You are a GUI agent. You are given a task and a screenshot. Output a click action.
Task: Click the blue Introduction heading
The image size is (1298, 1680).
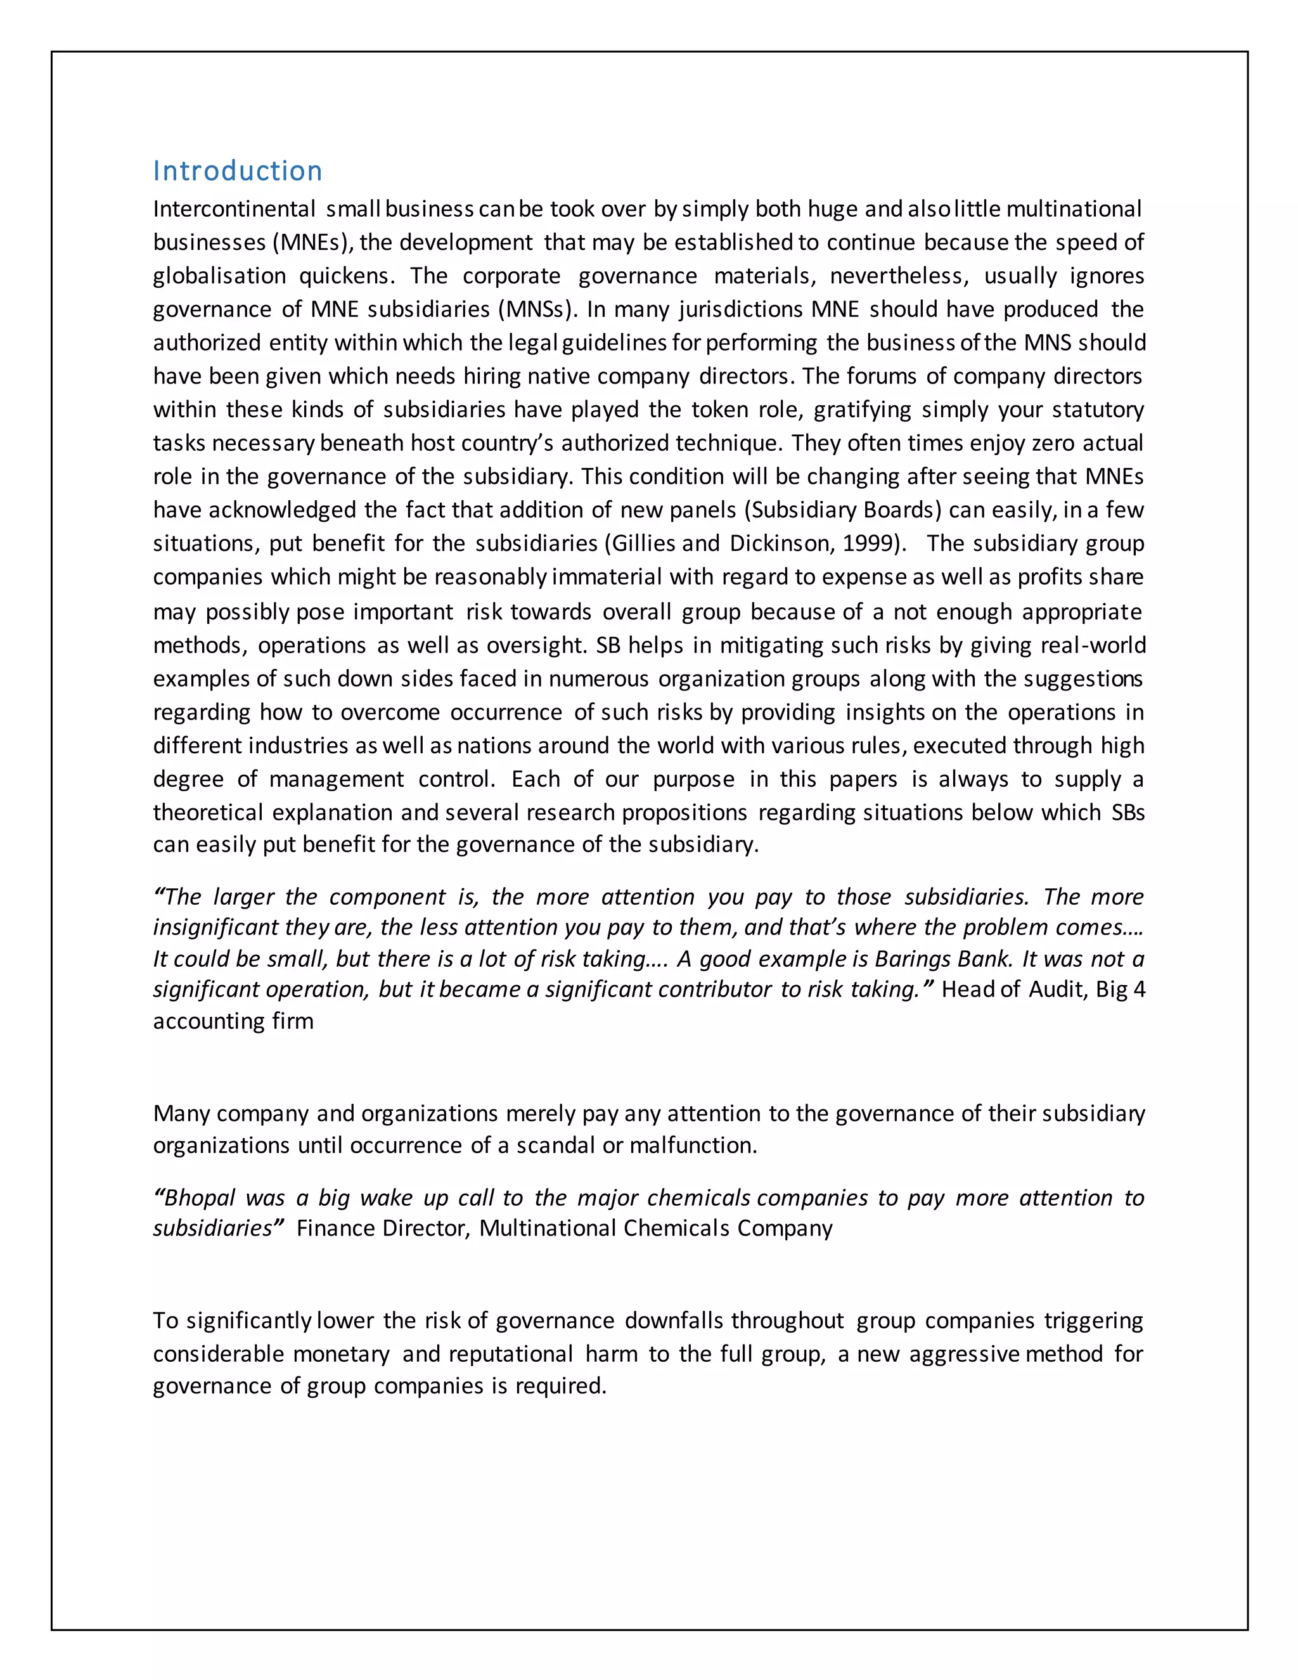238,171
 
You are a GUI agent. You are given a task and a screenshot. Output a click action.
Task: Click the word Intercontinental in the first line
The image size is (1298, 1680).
234,209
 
